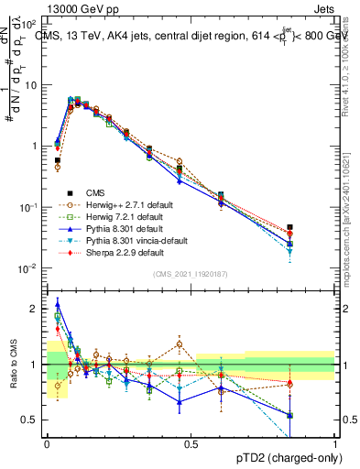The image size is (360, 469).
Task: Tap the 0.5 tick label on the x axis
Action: (191, 443)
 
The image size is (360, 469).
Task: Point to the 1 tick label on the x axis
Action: (336, 443)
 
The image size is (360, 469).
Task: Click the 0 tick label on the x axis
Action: (47, 443)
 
